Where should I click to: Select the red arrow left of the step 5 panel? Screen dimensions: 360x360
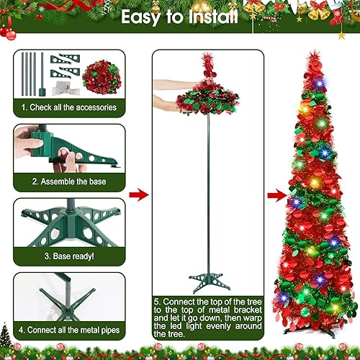pos(138,195)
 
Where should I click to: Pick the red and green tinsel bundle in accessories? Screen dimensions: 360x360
pos(100,74)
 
